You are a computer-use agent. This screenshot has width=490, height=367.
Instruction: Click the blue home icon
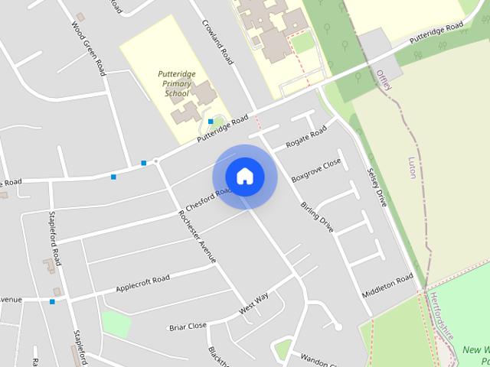coord(245,176)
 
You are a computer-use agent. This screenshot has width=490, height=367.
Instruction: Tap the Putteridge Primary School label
coord(177,83)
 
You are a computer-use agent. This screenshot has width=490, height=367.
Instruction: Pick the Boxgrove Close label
coord(315,170)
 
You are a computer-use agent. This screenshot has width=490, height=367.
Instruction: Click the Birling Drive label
coord(317,216)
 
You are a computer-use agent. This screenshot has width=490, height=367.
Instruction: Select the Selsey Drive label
coord(377,187)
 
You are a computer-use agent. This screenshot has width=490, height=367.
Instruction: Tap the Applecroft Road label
coord(142,284)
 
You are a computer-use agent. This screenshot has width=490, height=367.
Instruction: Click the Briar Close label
coord(188,326)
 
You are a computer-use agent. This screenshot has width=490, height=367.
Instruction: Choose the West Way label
coord(253,304)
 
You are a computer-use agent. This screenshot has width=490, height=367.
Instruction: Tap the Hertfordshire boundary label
coord(443,315)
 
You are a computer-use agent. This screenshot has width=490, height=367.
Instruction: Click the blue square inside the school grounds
coord(211,121)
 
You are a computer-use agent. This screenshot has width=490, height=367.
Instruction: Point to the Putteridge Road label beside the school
coord(223,129)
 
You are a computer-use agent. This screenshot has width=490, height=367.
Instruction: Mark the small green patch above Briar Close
coord(116,323)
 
